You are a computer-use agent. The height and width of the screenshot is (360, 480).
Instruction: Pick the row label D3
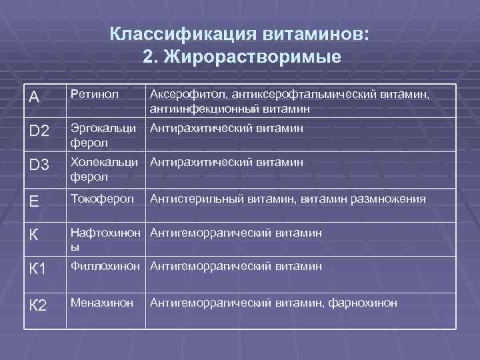coord(39,165)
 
